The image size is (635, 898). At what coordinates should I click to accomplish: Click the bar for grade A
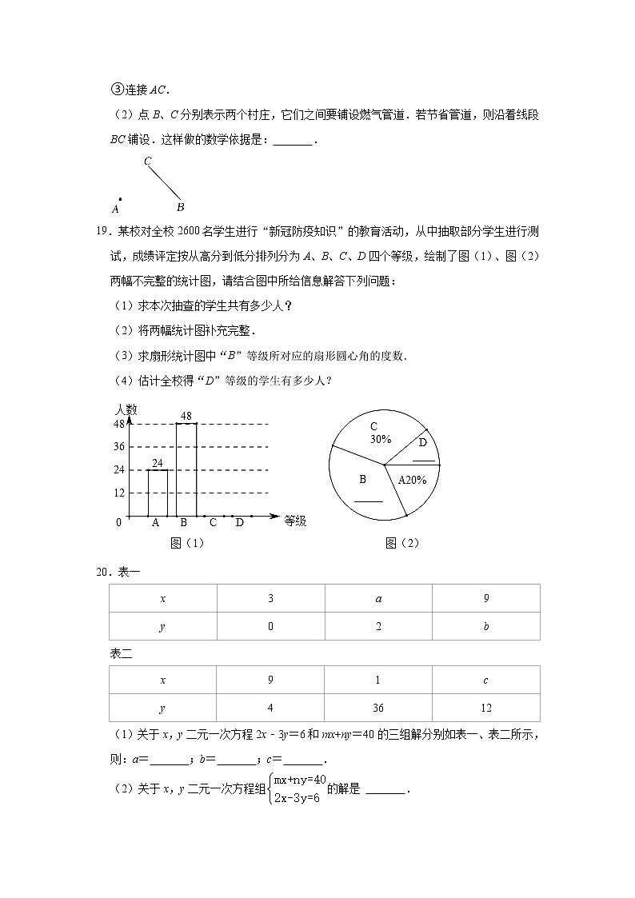tap(158, 493)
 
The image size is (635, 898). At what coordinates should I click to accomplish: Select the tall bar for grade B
tap(186, 470)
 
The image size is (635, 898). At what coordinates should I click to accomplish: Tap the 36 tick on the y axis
tap(119, 446)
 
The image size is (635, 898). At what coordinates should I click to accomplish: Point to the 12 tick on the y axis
tap(119, 493)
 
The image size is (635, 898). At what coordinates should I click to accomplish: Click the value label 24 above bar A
tap(158, 463)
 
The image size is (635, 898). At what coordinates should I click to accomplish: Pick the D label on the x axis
tap(239, 523)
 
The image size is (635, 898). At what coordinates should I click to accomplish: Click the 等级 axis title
tap(295, 521)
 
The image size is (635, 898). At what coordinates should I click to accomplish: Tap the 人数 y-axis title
tap(126, 409)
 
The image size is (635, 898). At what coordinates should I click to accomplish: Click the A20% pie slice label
tap(413, 481)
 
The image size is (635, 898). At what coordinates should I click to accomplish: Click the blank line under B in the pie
tap(369, 501)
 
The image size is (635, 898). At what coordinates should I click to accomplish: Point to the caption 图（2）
tap(402, 543)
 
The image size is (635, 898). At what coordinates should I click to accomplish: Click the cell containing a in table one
tap(378, 598)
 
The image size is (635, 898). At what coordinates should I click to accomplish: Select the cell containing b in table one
tap(485, 626)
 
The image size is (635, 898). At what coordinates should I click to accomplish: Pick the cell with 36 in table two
tap(378, 708)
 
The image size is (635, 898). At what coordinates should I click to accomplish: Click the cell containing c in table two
tap(485, 680)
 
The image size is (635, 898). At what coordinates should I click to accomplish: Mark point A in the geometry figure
tap(120, 199)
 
